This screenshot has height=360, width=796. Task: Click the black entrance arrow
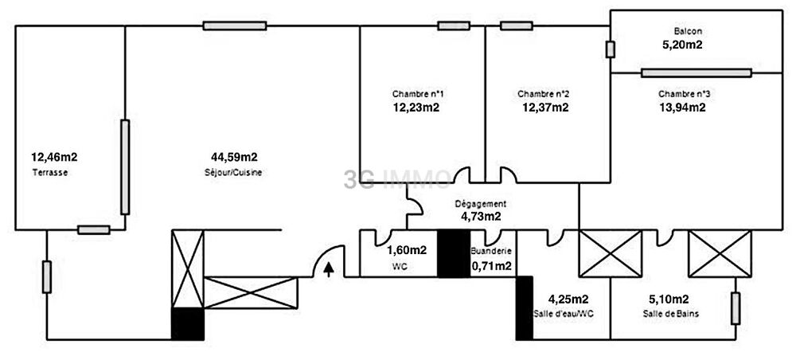(329, 268)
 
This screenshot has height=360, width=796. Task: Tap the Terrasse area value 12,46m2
(54, 156)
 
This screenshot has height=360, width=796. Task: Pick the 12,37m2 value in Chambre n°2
(545, 108)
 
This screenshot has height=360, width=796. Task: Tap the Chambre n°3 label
(685, 94)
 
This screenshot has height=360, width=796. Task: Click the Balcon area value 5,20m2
(681, 44)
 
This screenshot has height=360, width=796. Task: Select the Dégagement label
(480, 204)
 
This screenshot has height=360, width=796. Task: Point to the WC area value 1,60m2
(407, 250)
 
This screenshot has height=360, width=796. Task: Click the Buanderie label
(491, 251)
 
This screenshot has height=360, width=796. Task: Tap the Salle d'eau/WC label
(564, 314)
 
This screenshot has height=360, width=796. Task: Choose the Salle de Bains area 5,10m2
(669, 299)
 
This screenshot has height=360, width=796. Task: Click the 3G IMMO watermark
(397, 179)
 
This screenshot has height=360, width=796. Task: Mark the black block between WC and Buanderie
(454, 254)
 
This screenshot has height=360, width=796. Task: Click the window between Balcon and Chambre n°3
(696, 73)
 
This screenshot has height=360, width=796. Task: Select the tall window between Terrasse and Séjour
(125, 167)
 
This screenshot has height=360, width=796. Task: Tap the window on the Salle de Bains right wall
(736, 308)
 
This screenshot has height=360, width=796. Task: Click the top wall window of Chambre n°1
(454, 25)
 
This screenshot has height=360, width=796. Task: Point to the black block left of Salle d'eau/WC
(525, 308)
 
